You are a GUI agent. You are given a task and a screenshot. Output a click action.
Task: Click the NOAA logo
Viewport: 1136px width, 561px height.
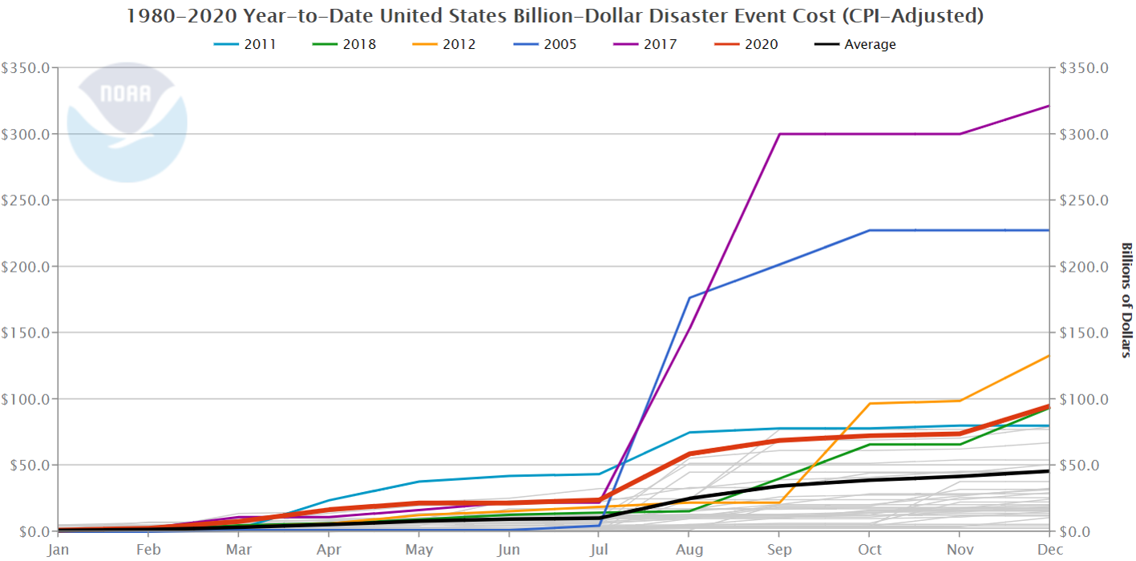pos(127,122)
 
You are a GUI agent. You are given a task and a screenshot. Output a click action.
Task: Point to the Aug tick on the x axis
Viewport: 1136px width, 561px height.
pos(689,550)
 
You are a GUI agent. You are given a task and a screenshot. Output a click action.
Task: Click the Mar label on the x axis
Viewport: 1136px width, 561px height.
pos(239,550)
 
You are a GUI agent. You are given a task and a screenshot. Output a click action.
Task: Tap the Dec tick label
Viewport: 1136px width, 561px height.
pos(1049,550)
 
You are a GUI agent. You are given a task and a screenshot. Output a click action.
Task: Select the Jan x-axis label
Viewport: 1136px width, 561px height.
pos(58,550)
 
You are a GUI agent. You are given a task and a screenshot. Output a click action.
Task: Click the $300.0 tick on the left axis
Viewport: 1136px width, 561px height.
pos(26,134)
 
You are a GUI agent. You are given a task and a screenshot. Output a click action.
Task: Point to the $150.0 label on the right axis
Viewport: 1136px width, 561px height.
pos(1084,333)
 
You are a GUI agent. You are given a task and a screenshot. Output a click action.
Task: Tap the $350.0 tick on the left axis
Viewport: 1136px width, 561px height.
pos(26,68)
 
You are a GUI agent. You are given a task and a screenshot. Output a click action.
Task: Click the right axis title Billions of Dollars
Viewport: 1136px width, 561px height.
pos(1126,300)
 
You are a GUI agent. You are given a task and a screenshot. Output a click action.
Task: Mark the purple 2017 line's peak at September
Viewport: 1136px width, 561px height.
pos(780,134)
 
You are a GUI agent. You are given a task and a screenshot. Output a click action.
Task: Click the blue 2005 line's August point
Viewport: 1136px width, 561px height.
pos(689,298)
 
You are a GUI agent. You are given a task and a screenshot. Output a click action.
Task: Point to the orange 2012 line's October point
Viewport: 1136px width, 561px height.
pos(870,403)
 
